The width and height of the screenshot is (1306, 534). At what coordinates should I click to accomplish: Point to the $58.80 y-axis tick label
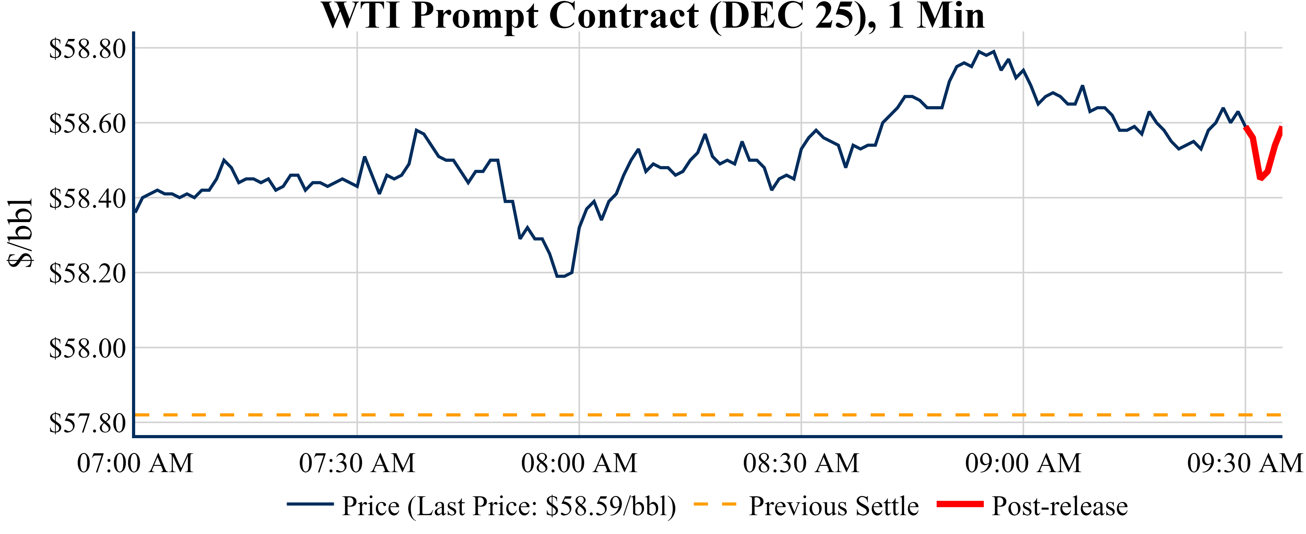tap(87, 49)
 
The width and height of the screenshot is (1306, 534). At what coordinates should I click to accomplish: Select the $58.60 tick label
tap(87, 124)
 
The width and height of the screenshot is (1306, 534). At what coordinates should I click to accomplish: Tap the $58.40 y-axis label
tap(87, 199)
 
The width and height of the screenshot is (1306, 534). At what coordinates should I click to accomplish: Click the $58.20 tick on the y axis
tap(87, 274)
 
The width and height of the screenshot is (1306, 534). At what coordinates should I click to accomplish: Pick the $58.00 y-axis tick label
tap(87, 349)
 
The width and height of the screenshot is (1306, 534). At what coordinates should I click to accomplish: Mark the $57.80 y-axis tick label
tap(87, 423)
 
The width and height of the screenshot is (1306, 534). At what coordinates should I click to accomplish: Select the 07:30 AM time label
tap(357, 463)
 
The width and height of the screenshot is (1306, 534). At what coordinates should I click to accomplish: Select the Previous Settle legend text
tap(834, 506)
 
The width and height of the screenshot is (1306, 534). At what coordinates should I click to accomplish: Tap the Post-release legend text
tap(1060, 506)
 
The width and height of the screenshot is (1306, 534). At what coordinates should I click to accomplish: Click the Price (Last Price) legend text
tap(509, 506)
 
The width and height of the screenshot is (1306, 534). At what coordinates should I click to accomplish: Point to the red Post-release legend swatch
tap(960, 504)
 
